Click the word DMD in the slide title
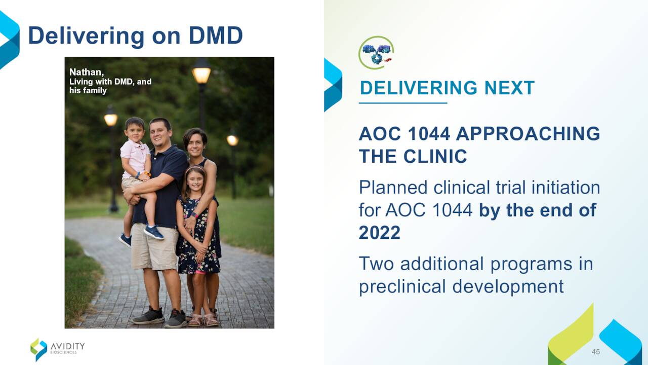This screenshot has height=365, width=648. [x=216, y=35]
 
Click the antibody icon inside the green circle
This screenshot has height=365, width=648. [x=377, y=54]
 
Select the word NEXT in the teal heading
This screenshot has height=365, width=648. [x=509, y=88]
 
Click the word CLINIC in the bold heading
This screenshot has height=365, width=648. [x=435, y=157]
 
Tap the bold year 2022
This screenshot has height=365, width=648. [x=380, y=232]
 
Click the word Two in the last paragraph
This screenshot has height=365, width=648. [x=376, y=264]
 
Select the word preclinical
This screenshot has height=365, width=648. [x=402, y=287]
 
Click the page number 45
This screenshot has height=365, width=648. [x=596, y=352]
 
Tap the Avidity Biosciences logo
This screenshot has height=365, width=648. [x=58, y=349]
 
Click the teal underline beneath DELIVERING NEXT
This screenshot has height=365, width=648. [x=403, y=103]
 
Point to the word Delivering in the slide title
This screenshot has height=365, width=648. [x=86, y=36]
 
